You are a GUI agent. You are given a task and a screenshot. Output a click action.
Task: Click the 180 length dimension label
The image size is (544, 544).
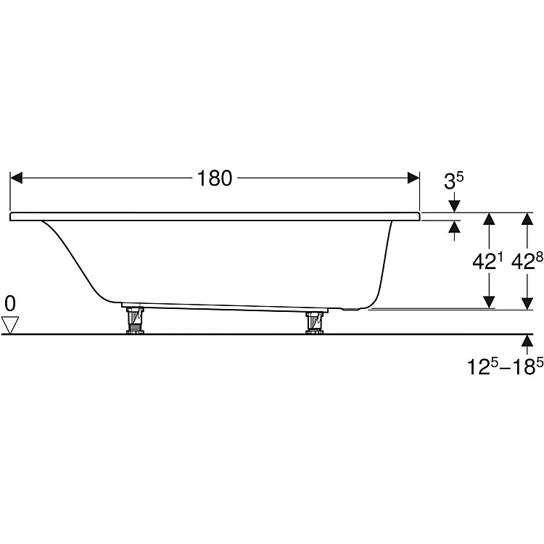(x=215, y=178)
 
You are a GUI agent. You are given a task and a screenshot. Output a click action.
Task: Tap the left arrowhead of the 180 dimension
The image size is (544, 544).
(x=16, y=178)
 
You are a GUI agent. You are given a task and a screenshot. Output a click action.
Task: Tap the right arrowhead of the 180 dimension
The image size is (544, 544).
(x=413, y=178)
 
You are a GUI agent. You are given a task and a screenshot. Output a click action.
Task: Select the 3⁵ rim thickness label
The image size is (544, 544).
(x=454, y=181)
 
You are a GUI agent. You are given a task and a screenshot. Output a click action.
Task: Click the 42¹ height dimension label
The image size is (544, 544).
(x=488, y=261)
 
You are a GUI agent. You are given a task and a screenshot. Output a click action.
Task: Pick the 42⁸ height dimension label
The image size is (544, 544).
(x=527, y=261)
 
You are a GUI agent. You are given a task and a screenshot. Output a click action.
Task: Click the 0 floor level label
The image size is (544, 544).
(x=10, y=304)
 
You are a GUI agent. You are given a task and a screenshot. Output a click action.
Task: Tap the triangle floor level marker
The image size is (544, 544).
(x=9, y=325)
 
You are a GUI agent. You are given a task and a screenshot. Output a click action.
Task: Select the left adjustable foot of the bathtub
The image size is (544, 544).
(x=135, y=320)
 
